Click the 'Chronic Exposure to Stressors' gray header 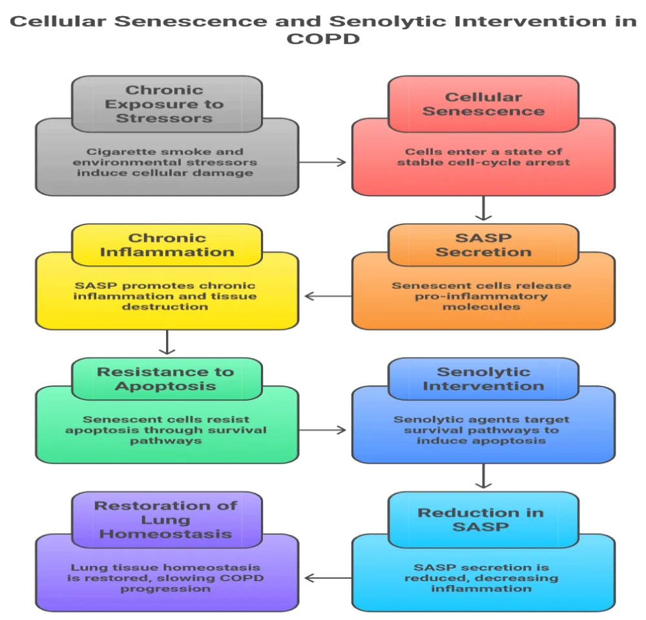[x=167, y=103]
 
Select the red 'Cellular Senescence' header [x=483, y=103]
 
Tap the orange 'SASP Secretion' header [x=483, y=245]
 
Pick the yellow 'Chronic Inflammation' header [x=167, y=245]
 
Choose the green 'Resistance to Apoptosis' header [x=167, y=379]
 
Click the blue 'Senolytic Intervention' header [x=483, y=379]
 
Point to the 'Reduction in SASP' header [x=483, y=520]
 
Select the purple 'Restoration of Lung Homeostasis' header [x=167, y=520]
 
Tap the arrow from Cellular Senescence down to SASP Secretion [x=483, y=209]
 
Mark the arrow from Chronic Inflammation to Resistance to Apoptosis [x=167, y=343]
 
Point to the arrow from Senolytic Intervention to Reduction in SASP [x=483, y=477]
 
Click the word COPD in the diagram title [x=322, y=38]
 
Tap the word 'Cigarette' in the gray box [x=112, y=152]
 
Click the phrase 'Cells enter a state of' [x=483, y=152]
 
